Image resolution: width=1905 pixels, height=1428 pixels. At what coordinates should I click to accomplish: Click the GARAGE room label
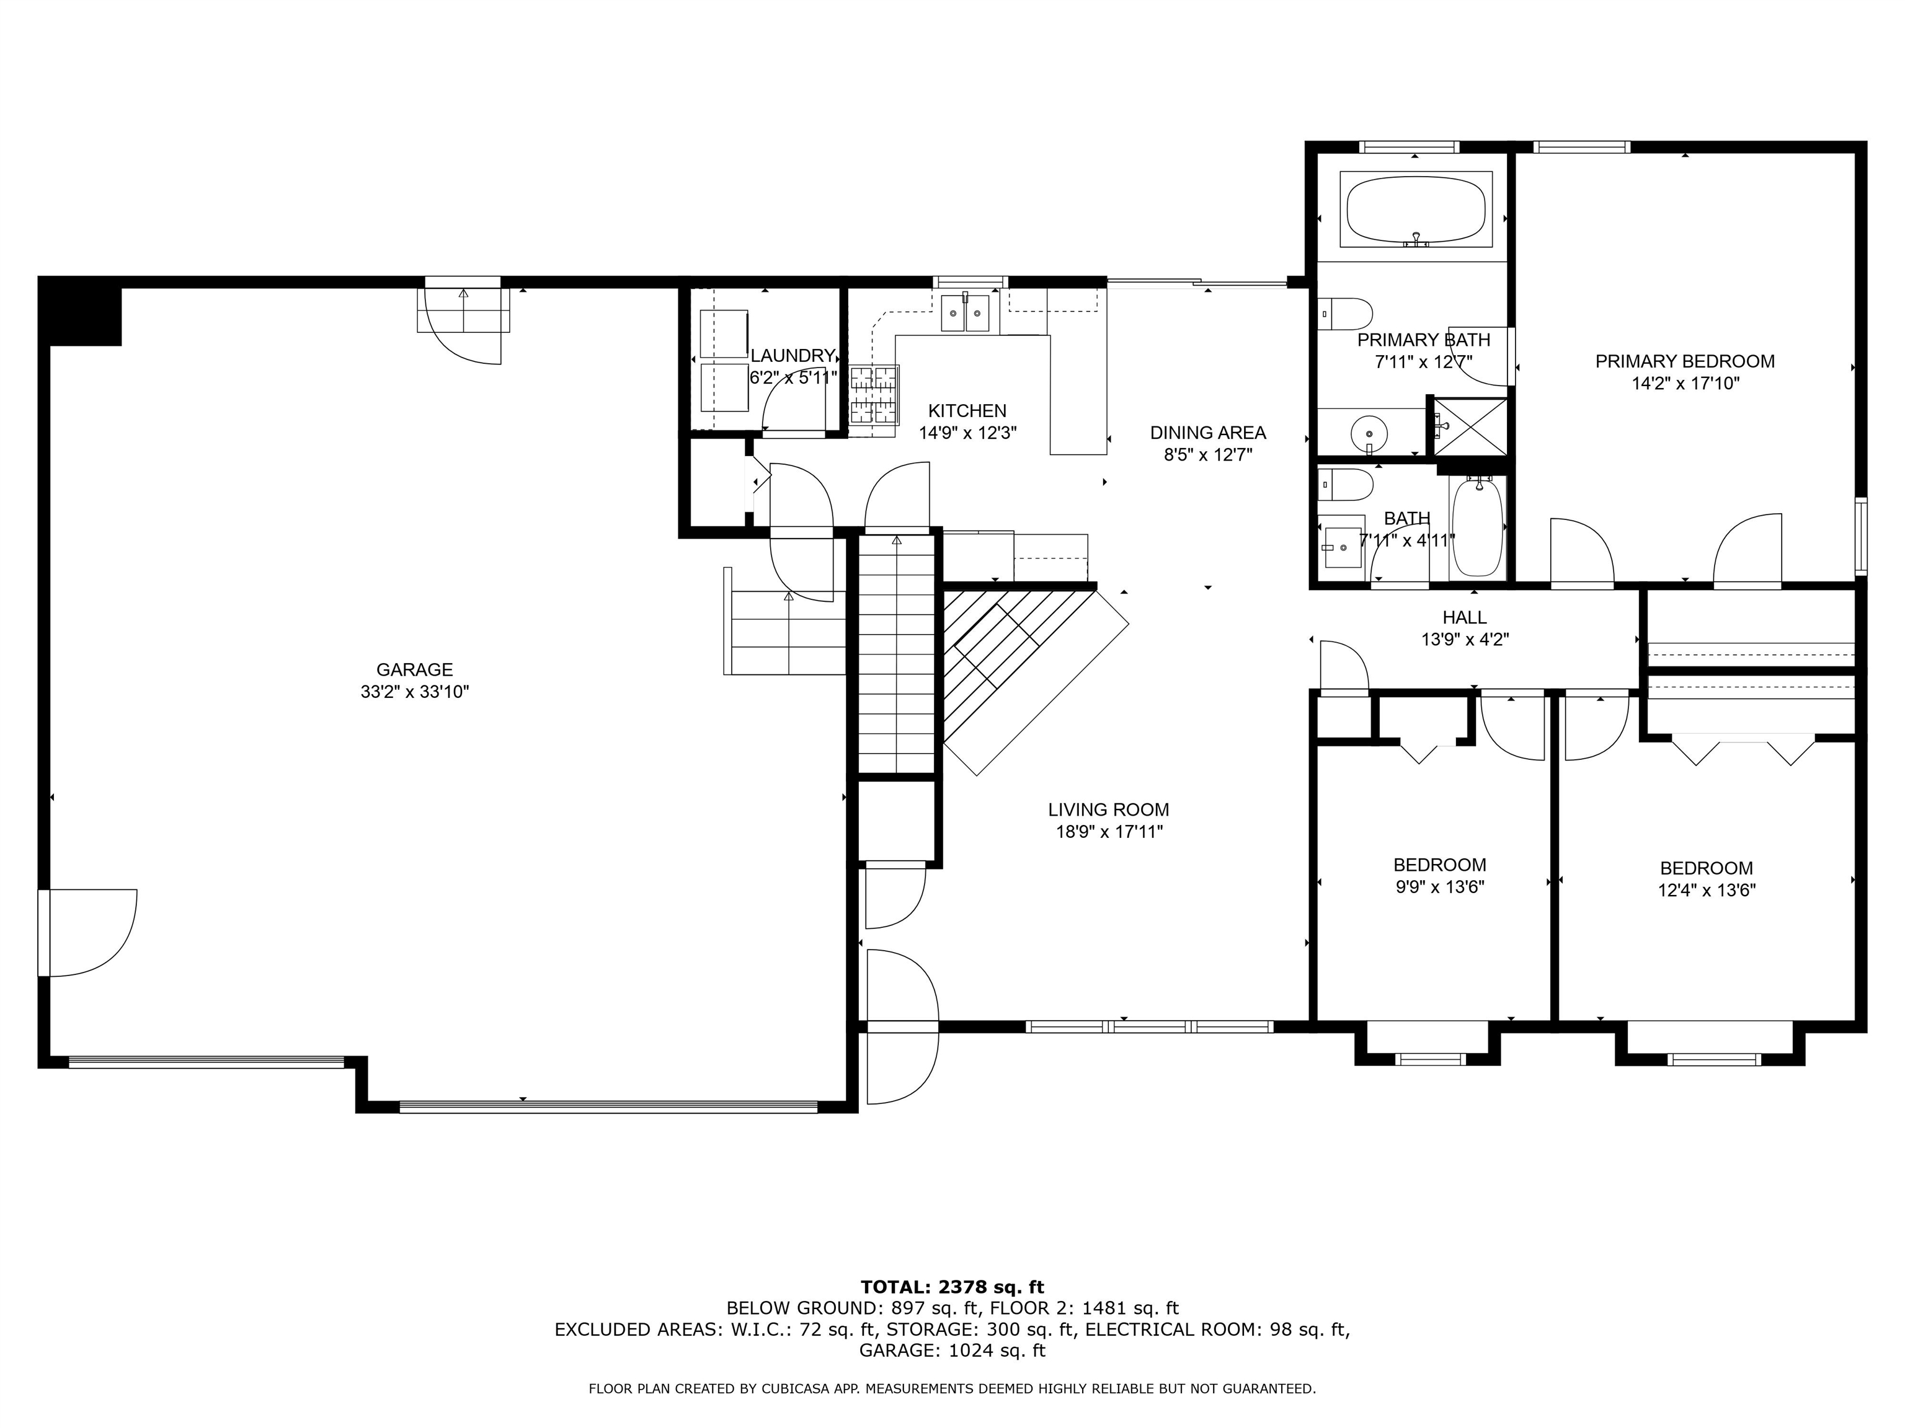pos(414,669)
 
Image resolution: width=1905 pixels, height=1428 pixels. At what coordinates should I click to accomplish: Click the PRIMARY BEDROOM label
pos(1684,361)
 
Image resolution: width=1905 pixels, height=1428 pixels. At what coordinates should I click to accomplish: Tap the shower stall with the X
pos(1469,426)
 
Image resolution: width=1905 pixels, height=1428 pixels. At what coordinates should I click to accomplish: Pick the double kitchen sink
pos(964,312)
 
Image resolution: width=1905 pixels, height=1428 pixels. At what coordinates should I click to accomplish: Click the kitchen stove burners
pos(874,394)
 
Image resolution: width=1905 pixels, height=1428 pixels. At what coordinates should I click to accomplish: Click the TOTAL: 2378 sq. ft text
pos(952,1287)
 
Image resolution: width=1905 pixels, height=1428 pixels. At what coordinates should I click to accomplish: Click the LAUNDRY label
pos(793,356)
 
